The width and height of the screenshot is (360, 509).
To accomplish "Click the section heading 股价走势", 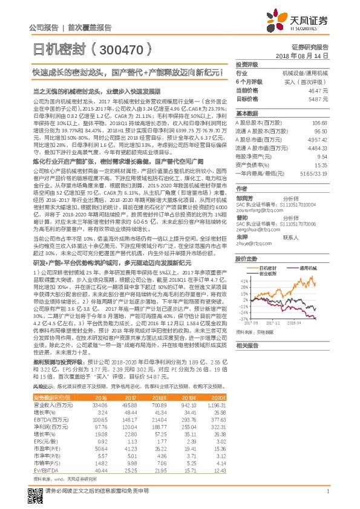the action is (247, 258).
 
